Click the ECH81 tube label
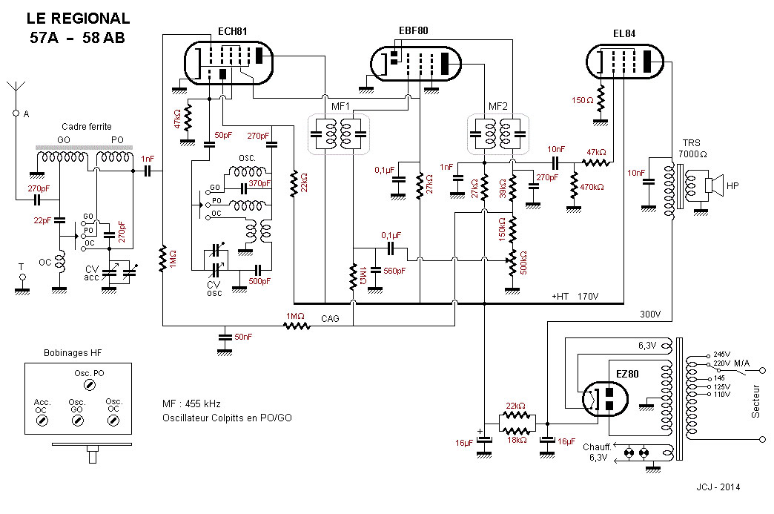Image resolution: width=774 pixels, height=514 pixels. [x=232, y=31]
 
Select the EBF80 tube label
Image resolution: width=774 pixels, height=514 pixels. [x=413, y=30]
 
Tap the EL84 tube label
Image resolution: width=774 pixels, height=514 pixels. [x=624, y=33]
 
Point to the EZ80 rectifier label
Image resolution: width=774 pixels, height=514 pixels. [x=627, y=374]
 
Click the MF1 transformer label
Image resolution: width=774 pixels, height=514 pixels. [x=340, y=106]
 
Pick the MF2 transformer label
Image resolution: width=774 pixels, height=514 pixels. [x=497, y=106]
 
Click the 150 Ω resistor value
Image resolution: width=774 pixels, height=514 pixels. [x=583, y=100]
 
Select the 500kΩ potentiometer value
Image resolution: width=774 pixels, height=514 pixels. [x=523, y=263]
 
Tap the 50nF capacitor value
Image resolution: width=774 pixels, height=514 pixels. [x=243, y=337]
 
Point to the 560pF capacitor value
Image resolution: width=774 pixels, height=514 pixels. [x=394, y=271]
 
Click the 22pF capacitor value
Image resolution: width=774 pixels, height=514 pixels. [x=42, y=220]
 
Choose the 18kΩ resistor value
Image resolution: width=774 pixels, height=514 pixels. [x=517, y=439]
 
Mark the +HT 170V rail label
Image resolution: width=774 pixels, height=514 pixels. [x=575, y=296]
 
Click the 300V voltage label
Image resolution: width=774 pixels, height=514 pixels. [x=650, y=314]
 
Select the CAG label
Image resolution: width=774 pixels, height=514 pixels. [x=330, y=318]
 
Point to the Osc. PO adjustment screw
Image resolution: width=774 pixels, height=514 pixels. [x=89, y=385]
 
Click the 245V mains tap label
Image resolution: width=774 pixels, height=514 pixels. [x=721, y=355]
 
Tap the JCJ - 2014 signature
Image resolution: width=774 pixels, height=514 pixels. [x=718, y=487]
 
